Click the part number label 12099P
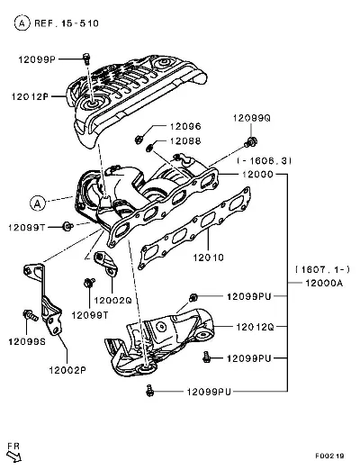[37, 59]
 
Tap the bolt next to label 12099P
[86, 59]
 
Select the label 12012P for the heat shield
[30, 96]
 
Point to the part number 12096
[185, 126]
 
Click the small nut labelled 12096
[139, 140]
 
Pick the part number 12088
[185, 141]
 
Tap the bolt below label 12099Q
[251, 141]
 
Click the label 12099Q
[252, 118]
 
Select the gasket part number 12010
[208, 258]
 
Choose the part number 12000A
[324, 283]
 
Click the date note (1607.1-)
[322, 269]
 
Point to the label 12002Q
[112, 300]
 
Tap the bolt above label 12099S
[31, 315]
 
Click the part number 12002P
[67, 370]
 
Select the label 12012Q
[255, 327]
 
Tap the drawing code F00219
[329, 456]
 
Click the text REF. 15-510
[67, 23]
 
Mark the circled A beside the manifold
[38, 203]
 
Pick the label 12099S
[27, 341]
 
